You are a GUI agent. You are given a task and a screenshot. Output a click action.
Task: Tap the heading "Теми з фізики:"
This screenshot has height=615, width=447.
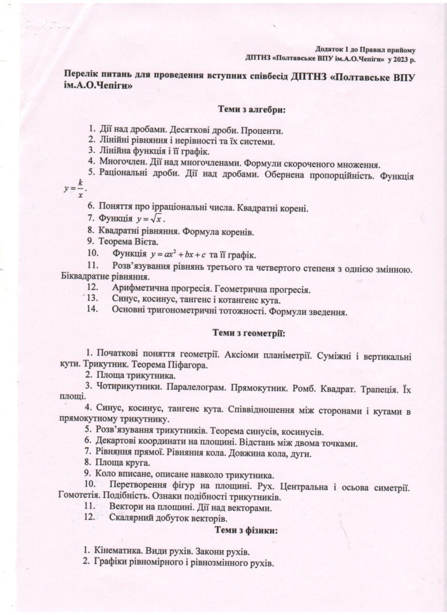[249, 531]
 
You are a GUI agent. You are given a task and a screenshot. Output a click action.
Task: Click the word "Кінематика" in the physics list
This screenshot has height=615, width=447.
[118, 551]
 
